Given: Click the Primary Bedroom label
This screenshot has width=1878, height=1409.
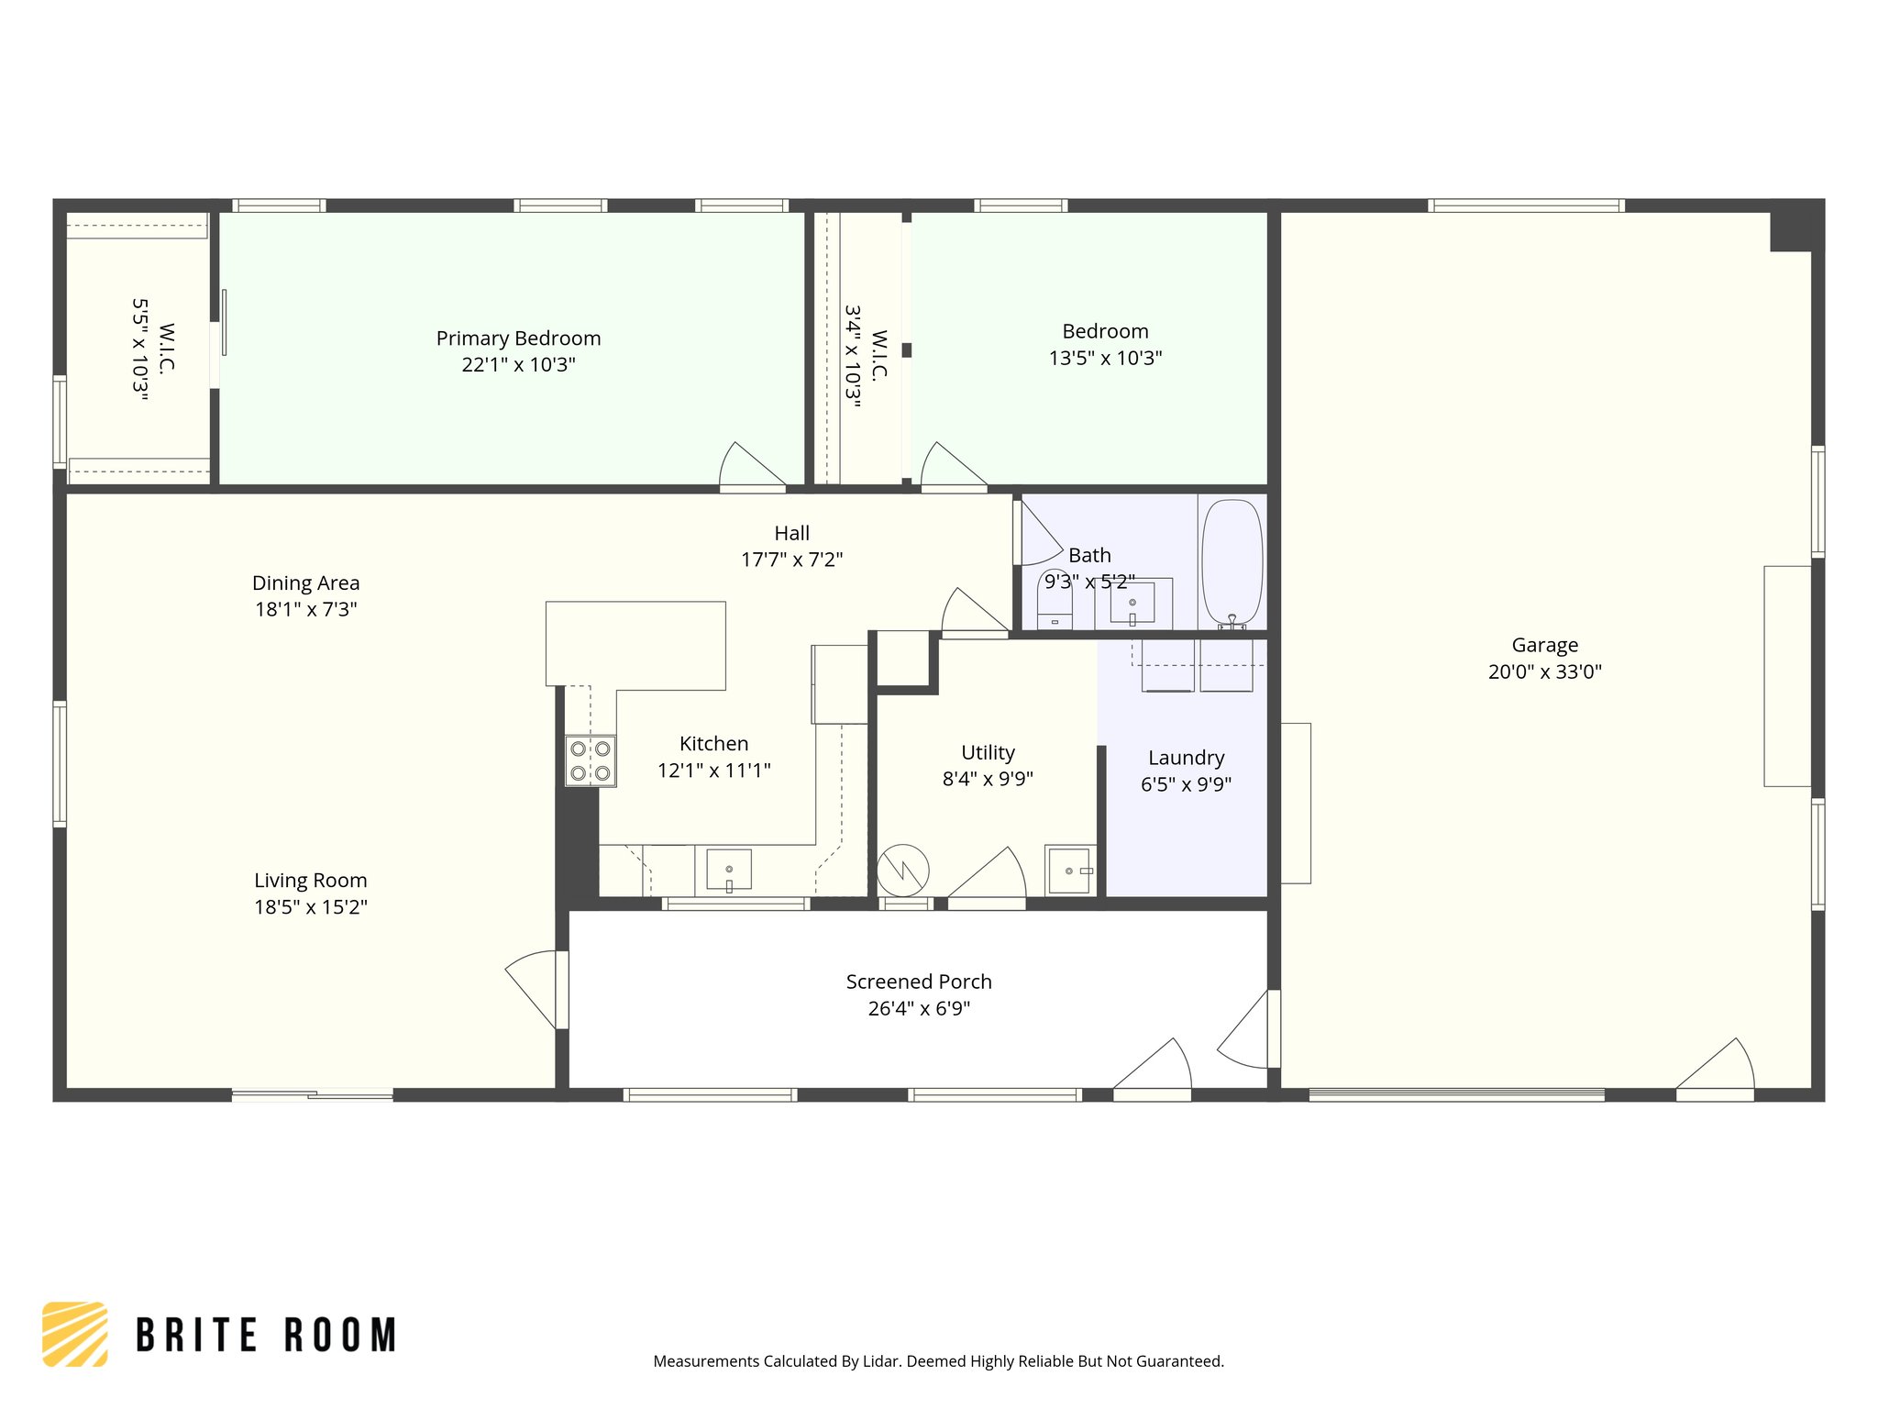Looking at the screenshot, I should point(518,338).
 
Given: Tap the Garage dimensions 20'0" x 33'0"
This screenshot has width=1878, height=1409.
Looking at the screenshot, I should point(1544,671).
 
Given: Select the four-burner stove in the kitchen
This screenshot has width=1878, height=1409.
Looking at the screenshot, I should point(590,761).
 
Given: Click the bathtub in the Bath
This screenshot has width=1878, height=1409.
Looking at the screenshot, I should point(1232,561).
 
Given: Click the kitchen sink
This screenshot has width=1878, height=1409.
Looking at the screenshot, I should point(729,870).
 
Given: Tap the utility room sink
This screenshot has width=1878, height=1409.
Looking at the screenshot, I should point(1070,870).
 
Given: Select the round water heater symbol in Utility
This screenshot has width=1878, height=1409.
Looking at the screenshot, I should point(903,871).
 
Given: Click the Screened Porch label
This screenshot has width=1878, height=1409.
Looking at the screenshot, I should point(919,982).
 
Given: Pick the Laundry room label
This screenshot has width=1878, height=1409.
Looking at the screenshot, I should point(1186,758).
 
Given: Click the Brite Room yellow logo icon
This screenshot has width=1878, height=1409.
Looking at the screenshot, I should point(75,1334).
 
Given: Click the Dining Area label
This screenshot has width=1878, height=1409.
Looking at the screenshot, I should point(305,583).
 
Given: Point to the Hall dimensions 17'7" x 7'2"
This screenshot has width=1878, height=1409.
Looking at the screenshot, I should point(791,560).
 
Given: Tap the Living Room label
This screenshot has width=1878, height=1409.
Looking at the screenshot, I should point(310,881).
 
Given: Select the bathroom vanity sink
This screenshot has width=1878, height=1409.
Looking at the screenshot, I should point(1132,603).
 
